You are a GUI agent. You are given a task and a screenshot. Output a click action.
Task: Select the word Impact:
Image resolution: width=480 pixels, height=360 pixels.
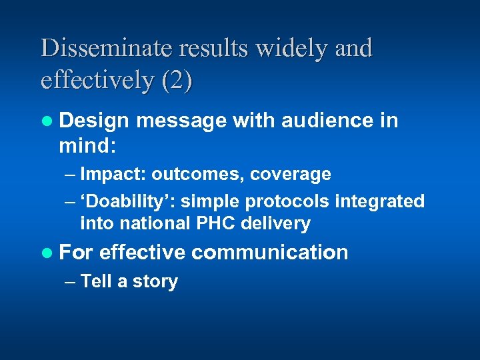click(113, 174)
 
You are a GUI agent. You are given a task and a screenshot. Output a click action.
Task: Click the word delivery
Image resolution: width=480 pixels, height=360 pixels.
click(273, 223)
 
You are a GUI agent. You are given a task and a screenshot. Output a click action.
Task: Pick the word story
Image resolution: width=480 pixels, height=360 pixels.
click(154, 281)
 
